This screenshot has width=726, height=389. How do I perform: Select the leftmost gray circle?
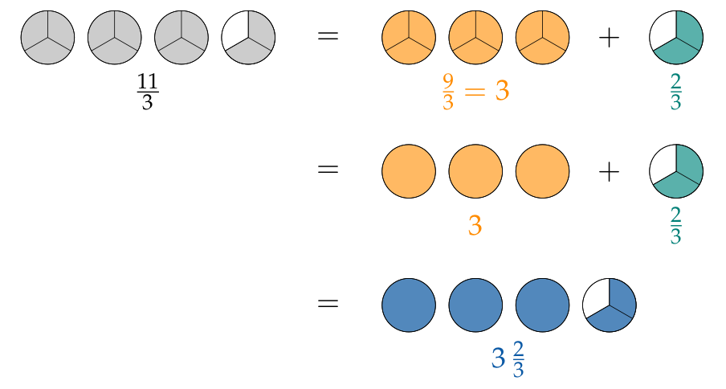click(x=47, y=37)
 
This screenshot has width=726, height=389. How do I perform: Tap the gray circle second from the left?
click(x=115, y=37)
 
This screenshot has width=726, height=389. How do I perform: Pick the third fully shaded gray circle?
click(x=181, y=37)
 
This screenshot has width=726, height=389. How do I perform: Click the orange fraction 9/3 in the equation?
click(x=448, y=92)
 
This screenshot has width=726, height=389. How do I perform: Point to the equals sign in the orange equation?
click(x=475, y=92)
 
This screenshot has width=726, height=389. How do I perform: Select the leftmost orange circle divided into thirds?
click(x=409, y=37)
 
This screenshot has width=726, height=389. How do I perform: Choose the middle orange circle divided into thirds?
click(x=475, y=37)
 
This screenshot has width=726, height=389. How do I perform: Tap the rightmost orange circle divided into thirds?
click(x=542, y=37)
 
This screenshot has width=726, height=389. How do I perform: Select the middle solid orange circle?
click(x=475, y=171)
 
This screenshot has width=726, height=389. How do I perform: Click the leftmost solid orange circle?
click(x=409, y=171)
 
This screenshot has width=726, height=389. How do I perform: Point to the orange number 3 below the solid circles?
click(x=475, y=226)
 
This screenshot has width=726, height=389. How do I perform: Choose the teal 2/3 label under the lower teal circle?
click(x=675, y=227)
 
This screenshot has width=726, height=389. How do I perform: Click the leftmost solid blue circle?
click(x=409, y=305)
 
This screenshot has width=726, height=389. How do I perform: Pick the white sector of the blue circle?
click(x=597, y=297)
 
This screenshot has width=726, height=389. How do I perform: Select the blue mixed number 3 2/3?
click(x=508, y=359)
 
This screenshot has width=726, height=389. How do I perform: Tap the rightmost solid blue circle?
click(x=542, y=305)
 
